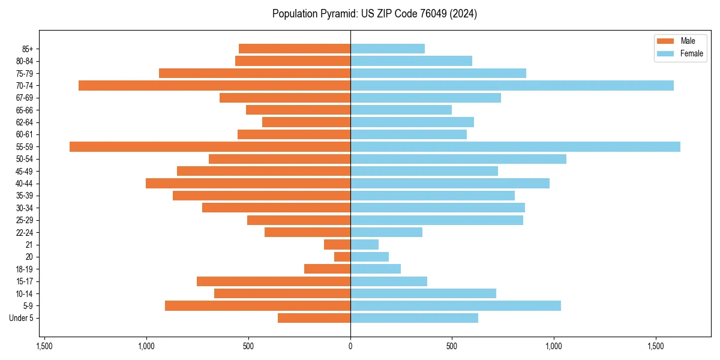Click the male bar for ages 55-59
[x=210, y=146]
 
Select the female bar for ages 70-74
[x=512, y=85]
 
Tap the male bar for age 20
[x=342, y=257]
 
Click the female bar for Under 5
[x=414, y=318]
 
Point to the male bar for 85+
[x=295, y=49]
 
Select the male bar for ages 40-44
[x=248, y=183]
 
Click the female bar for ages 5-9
[x=455, y=305]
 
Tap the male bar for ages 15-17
[x=274, y=281]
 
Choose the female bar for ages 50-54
[x=458, y=159]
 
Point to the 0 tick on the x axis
[x=350, y=346]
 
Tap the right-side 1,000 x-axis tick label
[x=554, y=346]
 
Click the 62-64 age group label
[x=24, y=122]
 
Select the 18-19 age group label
[x=24, y=269]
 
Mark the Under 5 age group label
[x=21, y=318]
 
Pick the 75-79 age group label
[x=24, y=73]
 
